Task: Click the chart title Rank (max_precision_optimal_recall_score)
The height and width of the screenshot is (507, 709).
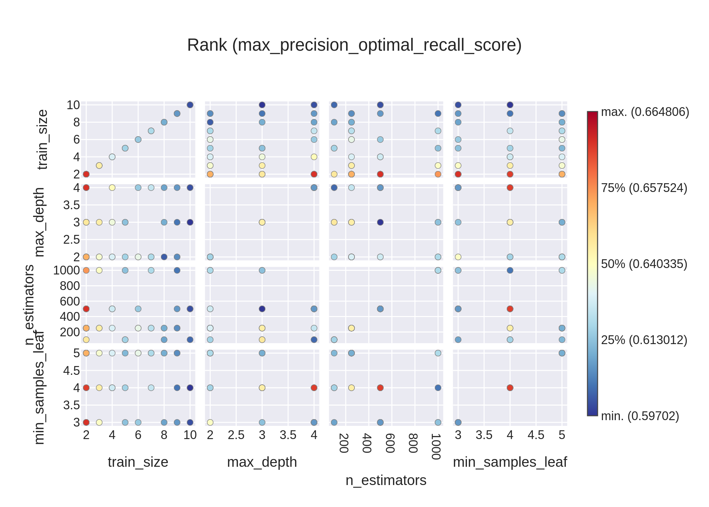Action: tap(354, 45)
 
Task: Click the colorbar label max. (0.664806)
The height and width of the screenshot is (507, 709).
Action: tap(645, 112)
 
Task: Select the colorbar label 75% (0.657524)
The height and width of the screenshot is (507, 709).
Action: tap(644, 188)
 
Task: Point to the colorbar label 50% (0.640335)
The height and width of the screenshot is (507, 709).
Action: tap(644, 264)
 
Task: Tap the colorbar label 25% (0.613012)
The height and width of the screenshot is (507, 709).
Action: tap(644, 340)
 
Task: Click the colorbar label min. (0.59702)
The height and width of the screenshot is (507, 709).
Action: tap(640, 416)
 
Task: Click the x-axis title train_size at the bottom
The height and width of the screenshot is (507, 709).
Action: tap(138, 462)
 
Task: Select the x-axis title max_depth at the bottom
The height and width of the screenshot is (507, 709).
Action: tap(262, 462)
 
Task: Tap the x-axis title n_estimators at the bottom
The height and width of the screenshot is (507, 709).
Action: tap(386, 480)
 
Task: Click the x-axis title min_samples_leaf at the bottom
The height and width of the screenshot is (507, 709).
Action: tap(509, 462)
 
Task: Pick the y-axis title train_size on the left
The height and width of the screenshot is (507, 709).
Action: tap(43, 139)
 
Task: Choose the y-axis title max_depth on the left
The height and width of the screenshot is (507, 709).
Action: tap(39, 222)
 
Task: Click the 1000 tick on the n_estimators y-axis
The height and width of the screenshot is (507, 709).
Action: tap(67, 270)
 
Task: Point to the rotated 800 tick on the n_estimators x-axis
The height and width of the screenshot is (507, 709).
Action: tap(413, 443)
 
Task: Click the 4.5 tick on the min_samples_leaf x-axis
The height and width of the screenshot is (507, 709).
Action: tap(536, 435)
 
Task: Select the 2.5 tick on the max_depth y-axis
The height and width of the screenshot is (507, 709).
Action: tap(71, 240)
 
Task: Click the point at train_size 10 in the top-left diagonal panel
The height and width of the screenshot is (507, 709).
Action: tap(190, 105)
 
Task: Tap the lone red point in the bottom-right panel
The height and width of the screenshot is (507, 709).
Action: tap(510, 388)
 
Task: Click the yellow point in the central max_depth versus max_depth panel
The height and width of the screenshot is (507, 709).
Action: tap(262, 222)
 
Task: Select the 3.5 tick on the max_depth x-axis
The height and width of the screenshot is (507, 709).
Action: tap(288, 435)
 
